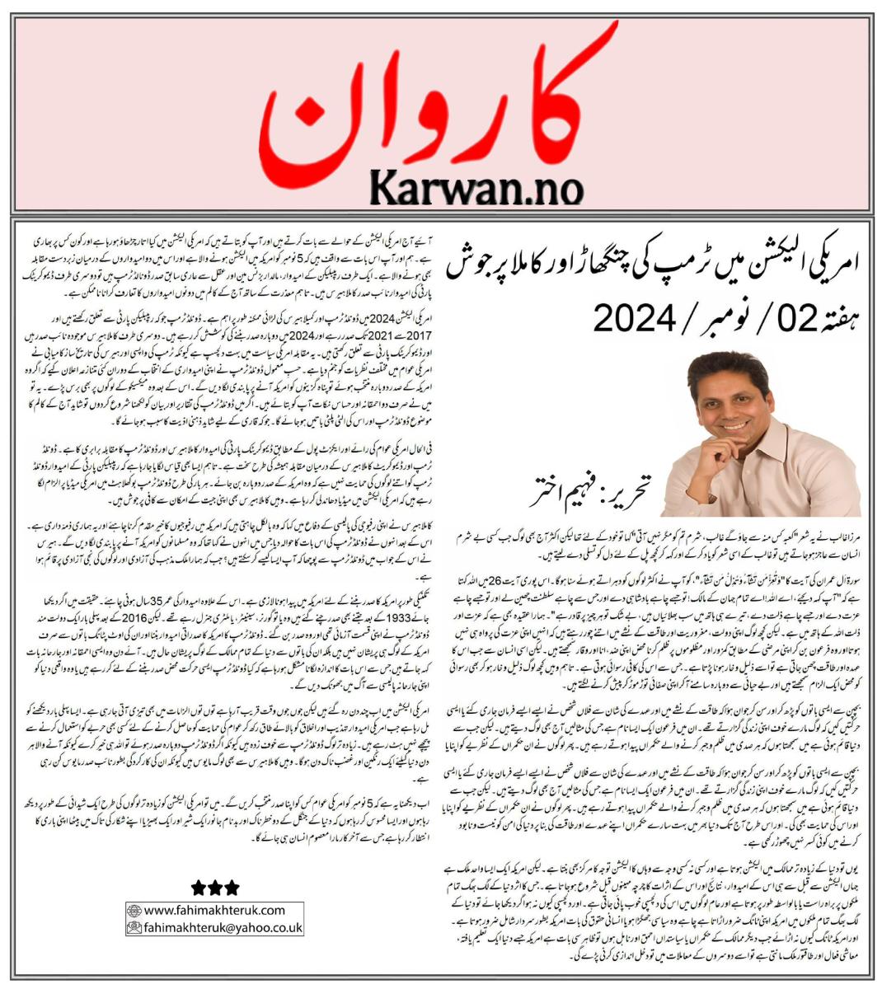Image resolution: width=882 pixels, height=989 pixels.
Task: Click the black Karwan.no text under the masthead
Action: [x=476, y=187]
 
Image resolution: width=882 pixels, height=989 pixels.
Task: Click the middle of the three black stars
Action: [x=215, y=888]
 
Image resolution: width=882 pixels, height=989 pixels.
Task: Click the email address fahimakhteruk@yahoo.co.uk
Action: [x=223, y=927]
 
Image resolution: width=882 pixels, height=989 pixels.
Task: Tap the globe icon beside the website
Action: [x=134, y=911]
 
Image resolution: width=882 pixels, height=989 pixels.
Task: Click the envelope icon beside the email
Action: [x=134, y=927]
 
